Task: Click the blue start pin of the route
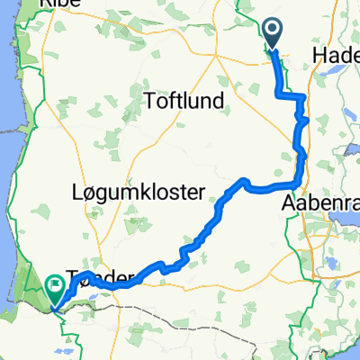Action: pos(273,33)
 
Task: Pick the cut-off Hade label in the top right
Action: pos(338,56)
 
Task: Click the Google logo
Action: pos(27,350)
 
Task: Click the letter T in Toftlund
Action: pos(148,101)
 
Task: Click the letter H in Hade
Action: pos(322,56)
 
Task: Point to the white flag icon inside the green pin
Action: pos(56,287)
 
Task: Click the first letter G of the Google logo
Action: pos(9,350)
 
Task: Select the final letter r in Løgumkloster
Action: pos(203,191)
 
